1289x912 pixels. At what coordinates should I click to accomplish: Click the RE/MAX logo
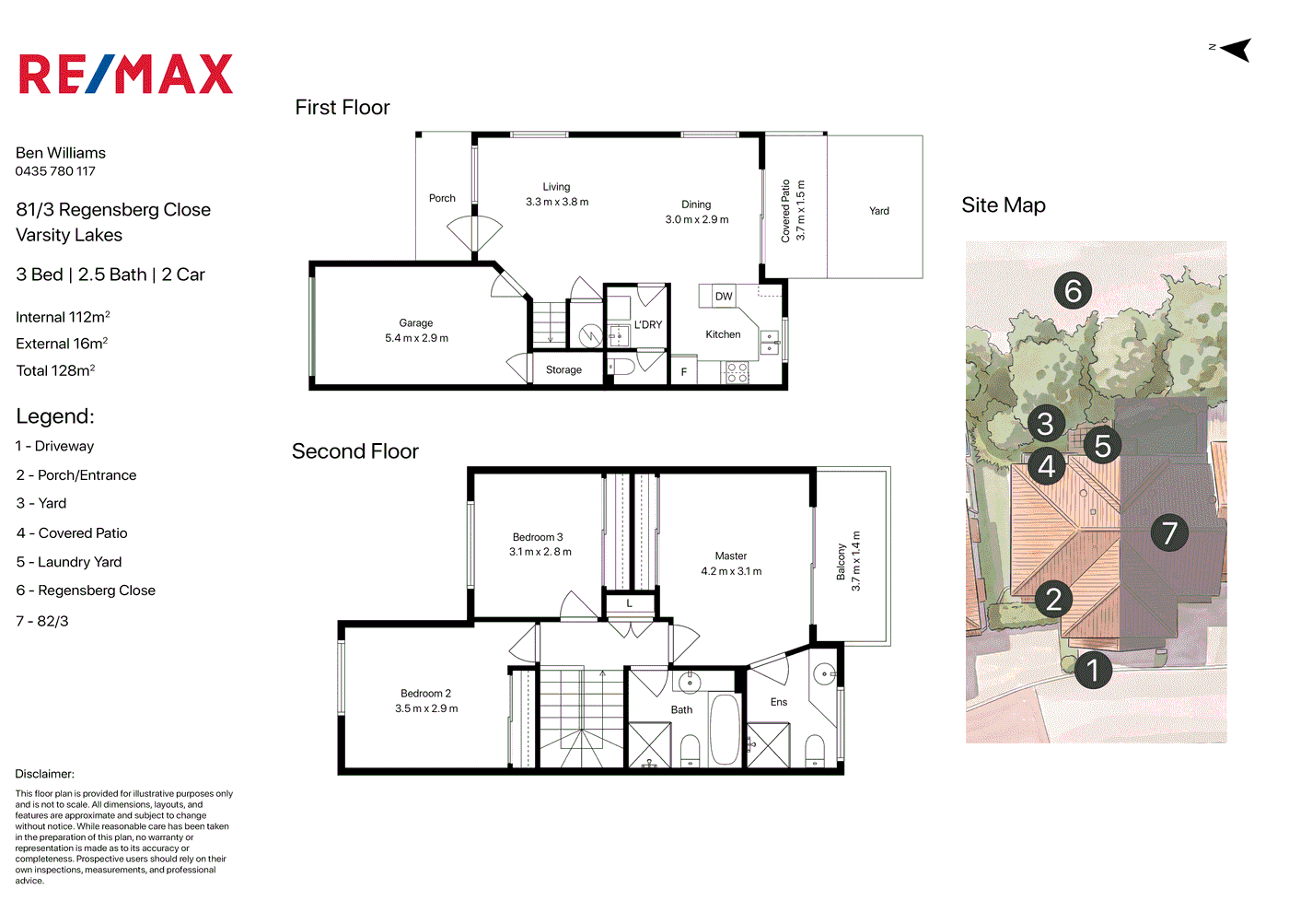[126, 74]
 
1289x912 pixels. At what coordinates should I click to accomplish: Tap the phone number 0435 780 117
[55, 171]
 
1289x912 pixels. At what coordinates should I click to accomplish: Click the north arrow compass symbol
[1233, 50]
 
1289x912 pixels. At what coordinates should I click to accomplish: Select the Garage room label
[416, 323]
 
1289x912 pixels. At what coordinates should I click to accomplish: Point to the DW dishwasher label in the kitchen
[724, 297]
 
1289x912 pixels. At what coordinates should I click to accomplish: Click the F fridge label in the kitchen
[683, 372]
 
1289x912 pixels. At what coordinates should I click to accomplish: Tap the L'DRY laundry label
[648, 324]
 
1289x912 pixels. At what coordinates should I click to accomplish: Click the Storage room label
[563, 369]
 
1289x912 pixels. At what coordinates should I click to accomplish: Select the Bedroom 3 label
[538, 537]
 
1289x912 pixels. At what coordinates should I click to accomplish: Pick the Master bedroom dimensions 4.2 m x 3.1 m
[731, 571]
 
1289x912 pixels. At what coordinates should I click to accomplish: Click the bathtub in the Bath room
[724, 730]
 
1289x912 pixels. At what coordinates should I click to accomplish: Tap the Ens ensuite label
[779, 702]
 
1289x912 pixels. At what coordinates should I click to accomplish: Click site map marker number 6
[1073, 291]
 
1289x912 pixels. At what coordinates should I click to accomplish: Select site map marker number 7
[1169, 532]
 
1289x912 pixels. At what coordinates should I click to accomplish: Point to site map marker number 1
[1093, 671]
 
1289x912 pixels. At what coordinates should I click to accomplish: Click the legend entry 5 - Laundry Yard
[68, 562]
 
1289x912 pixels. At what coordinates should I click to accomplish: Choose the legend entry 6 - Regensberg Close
[86, 590]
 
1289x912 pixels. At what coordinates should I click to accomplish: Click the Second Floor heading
[355, 450]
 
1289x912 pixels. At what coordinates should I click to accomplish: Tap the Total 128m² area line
[55, 370]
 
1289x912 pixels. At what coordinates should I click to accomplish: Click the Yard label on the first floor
[878, 211]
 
